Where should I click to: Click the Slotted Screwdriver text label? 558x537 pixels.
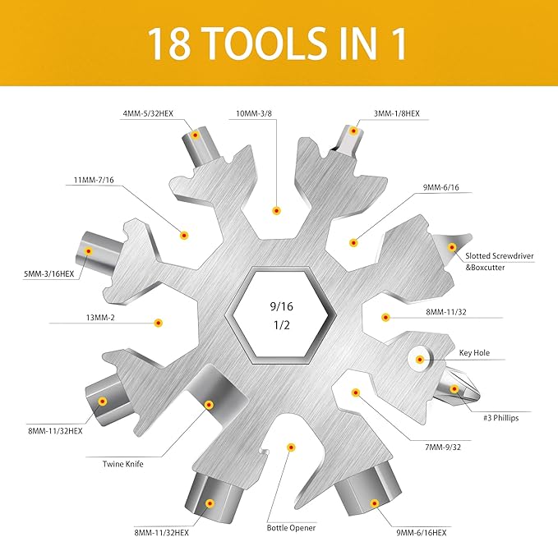coord(499,256)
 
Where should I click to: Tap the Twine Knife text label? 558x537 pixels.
coord(123,465)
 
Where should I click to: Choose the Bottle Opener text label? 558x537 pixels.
coord(291,527)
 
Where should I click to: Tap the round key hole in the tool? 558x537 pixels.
coord(420,360)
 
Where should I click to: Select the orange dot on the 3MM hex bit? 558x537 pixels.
coord(354,131)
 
